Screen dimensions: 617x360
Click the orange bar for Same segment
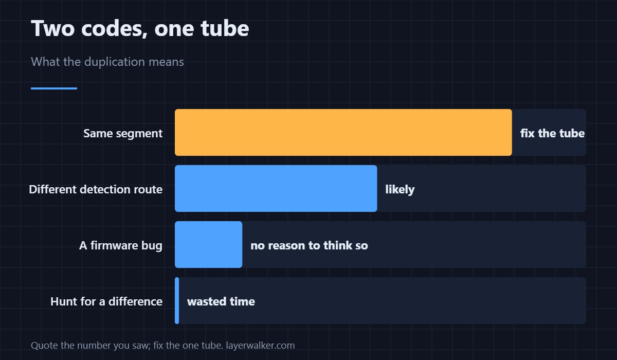coord(343,133)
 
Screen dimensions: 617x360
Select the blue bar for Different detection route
coord(276,188)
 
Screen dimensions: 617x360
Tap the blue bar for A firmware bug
coord(209,245)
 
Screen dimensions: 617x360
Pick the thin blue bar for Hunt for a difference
coord(177,300)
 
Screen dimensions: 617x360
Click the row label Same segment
coord(123,134)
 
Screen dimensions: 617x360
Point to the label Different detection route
coord(96,189)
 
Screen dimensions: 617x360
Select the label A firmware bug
coord(121,245)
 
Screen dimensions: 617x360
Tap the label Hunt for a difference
coord(106,301)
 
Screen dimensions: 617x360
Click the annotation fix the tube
coord(552,133)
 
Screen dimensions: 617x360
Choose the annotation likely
coord(400,189)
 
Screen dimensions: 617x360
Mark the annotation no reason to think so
coord(309,245)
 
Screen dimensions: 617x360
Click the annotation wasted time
coord(221,301)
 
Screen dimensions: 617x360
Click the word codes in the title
coord(114,29)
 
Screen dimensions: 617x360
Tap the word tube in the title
coord(225,28)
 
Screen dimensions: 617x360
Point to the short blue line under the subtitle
coord(54,88)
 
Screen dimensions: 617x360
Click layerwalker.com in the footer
coord(260,346)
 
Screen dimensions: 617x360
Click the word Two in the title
coord(52,28)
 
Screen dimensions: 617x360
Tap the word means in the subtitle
coord(166,62)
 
